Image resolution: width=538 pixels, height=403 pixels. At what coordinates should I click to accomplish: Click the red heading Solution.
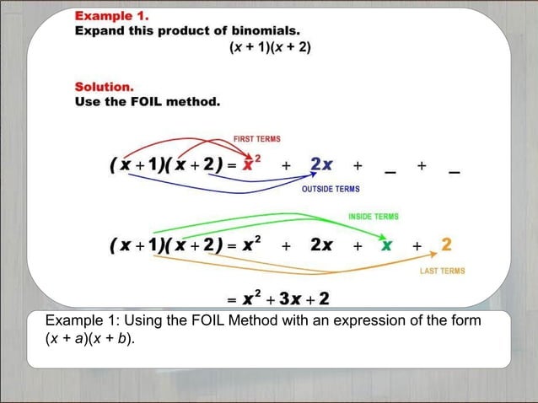coord(104,87)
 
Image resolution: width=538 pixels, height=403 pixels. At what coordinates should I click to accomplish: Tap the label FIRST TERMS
coord(257,138)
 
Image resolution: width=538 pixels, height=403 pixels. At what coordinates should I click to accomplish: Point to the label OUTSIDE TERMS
coord(331,189)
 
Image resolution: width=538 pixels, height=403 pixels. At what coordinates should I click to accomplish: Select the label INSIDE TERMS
coord(374,217)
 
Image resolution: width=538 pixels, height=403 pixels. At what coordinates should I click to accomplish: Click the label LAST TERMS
coord(442,271)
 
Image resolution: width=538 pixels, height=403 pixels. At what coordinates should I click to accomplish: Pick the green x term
coord(386,245)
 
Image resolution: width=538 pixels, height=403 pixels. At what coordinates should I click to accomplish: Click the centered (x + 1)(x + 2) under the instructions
coord(270,47)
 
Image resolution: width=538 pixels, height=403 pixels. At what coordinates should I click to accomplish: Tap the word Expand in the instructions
coord(98,31)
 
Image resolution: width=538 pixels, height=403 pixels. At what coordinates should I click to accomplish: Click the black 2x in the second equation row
coord(321,245)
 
